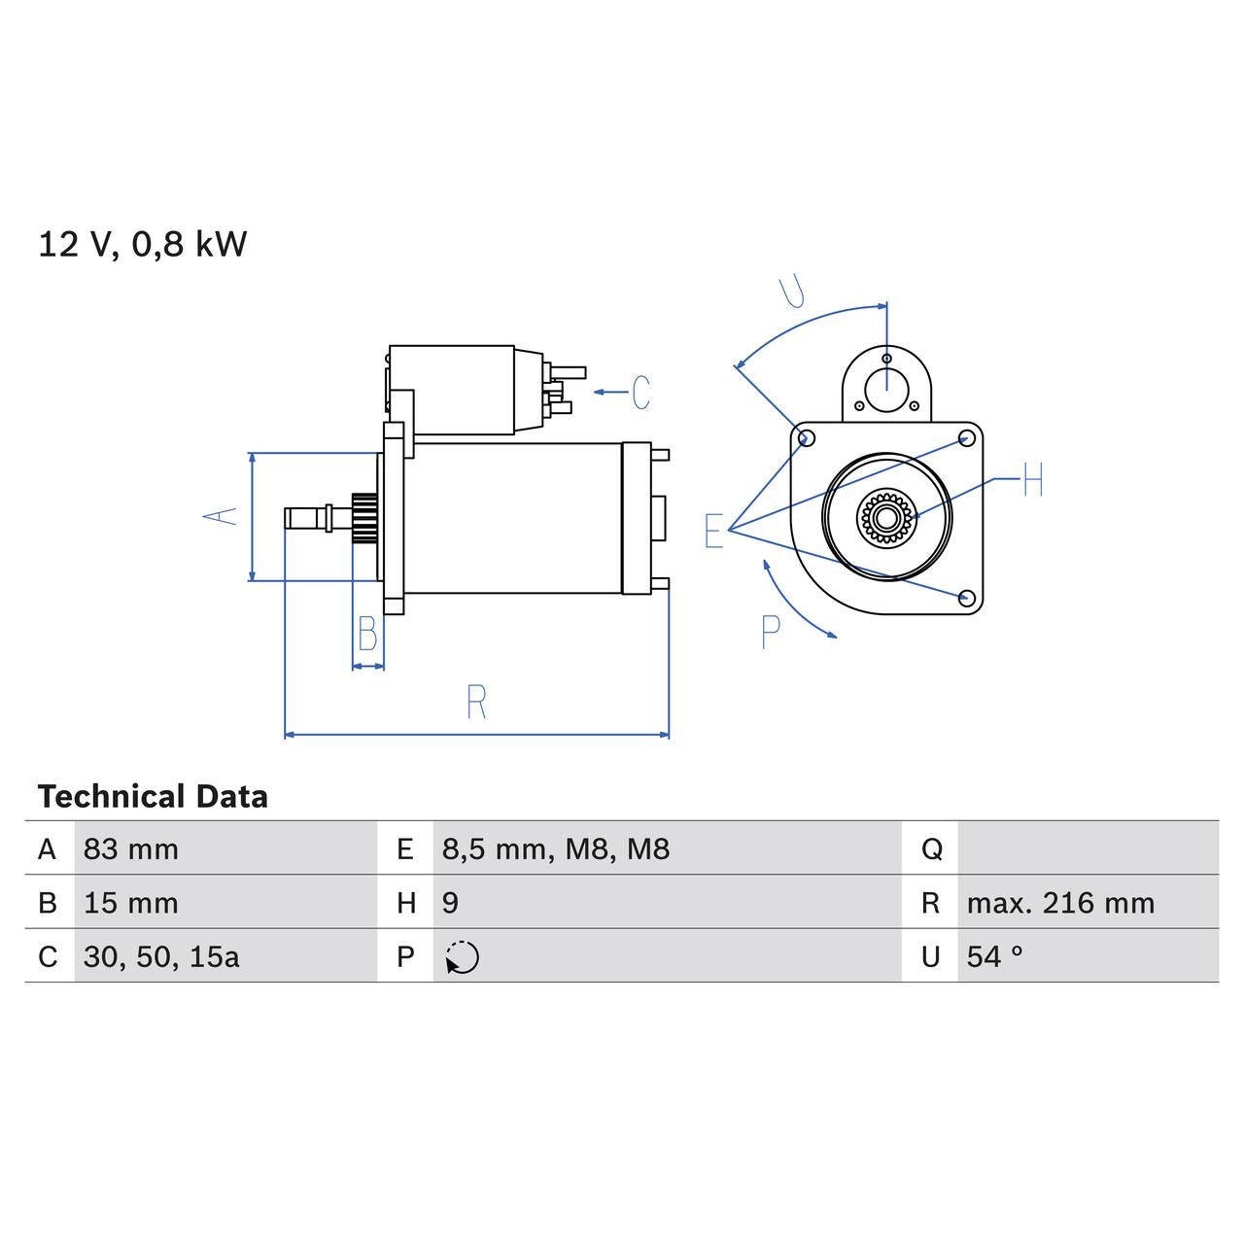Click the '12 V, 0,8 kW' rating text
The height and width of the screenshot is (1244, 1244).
(x=143, y=244)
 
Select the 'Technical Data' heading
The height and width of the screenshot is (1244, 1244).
(x=153, y=797)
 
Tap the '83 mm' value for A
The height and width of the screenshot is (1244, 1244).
(x=131, y=849)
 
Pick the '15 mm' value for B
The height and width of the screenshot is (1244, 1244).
(x=131, y=903)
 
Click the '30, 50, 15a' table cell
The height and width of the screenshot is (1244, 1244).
(x=161, y=957)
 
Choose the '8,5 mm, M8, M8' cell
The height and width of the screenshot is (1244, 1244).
(x=556, y=849)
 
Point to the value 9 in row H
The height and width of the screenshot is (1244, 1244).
(x=450, y=903)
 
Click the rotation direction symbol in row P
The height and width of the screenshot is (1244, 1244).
(x=463, y=957)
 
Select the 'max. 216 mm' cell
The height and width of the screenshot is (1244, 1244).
(x=1060, y=903)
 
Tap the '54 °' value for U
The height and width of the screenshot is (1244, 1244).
(x=994, y=957)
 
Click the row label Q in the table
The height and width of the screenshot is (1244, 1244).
(x=931, y=849)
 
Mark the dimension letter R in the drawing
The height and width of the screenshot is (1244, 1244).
(x=476, y=703)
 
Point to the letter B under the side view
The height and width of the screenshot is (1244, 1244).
(x=367, y=635)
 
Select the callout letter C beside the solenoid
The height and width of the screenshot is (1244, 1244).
(x=640, y=393)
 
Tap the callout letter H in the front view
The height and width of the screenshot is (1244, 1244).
(x=1032, y=480)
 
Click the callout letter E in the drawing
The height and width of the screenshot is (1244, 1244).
(x=714, y=532)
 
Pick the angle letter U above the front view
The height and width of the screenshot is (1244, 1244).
(x=794, y=291)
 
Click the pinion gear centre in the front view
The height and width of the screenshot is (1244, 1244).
(x=885, y=517)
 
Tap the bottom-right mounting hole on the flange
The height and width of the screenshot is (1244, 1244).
(x=966, y=597)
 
